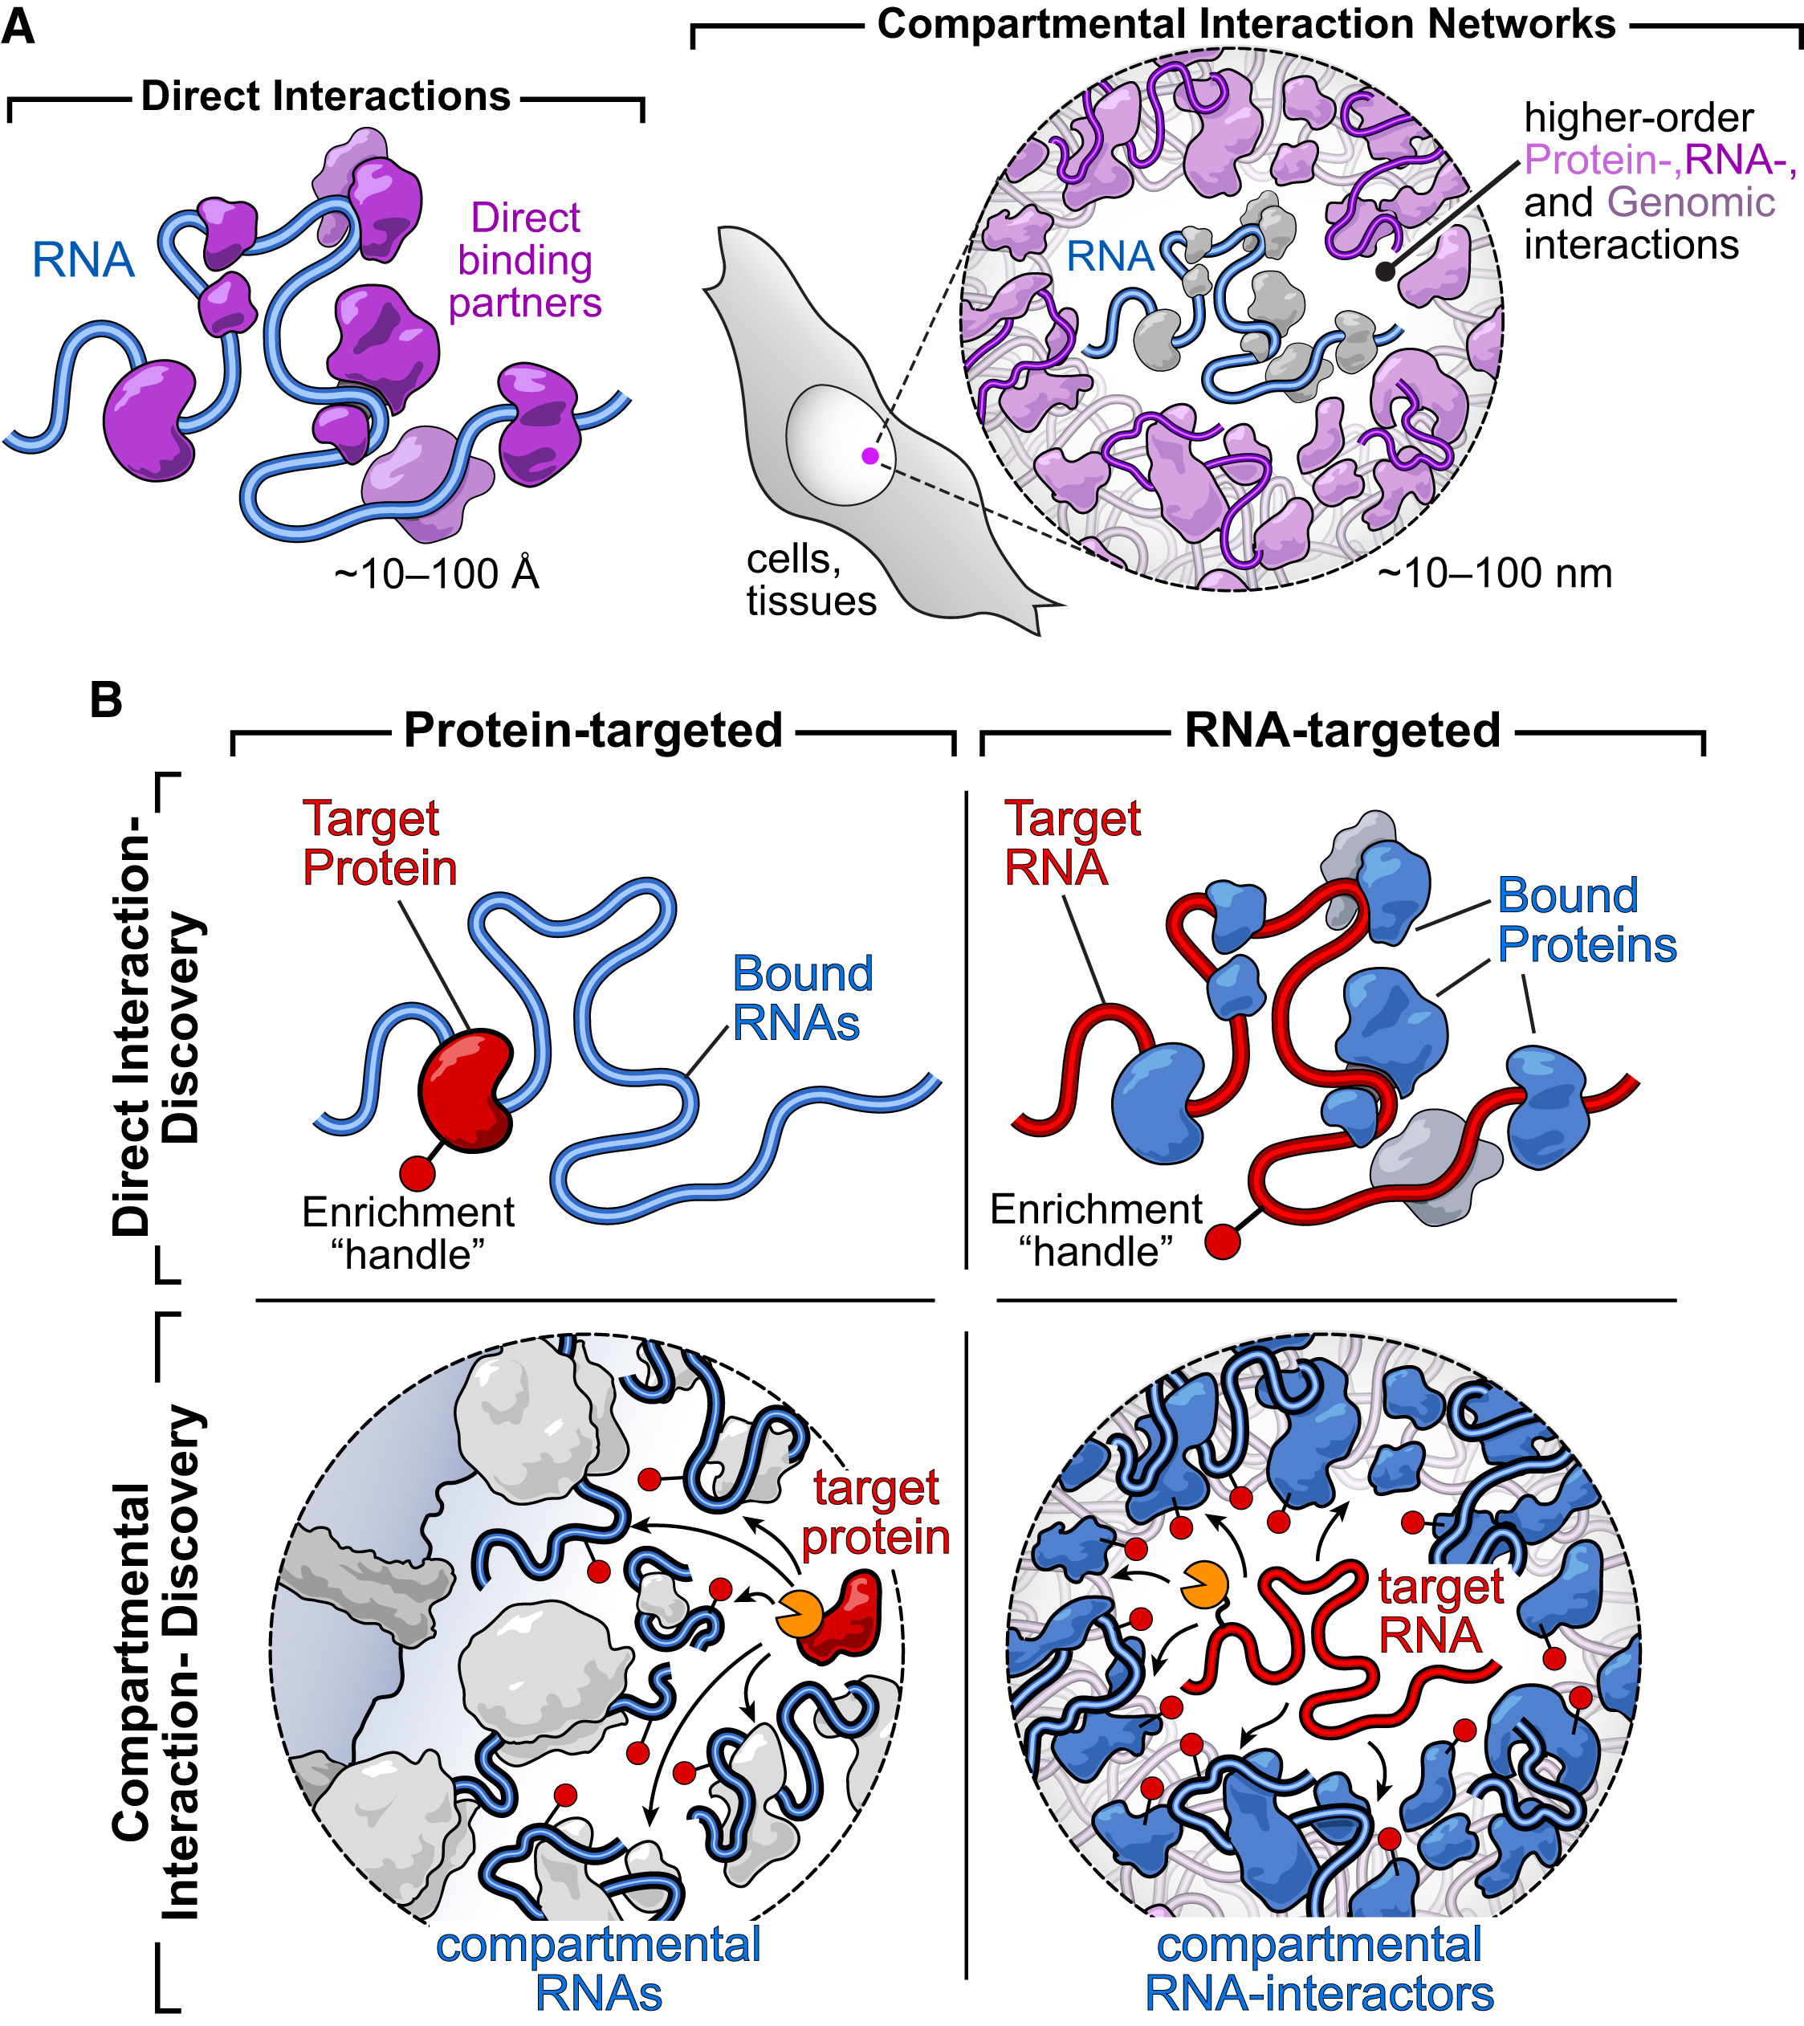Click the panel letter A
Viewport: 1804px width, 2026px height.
(x=18, y=26)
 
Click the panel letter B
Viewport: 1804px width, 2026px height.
(x=105, y=699)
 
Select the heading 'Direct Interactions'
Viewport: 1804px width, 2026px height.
(x=325, y=97)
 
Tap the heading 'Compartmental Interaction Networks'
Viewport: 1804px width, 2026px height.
(x=1246, y=24)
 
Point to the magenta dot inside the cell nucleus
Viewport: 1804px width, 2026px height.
(x=869, y=456)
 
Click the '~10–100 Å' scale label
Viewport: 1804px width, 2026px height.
(x=436, y=574)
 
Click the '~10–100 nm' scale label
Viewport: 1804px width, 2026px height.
(x=1495, y=573)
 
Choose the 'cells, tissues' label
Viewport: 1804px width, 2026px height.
(x=810, y=581)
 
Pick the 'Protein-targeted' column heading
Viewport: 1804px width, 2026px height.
(x=593, y=731)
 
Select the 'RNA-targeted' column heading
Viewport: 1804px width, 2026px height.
(x=1342, y=731)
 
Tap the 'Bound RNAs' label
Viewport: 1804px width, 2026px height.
(x=802, y=998)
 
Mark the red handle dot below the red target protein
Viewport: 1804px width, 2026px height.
(x=417, y=1172)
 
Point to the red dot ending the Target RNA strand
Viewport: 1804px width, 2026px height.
(x=1222, y=1241)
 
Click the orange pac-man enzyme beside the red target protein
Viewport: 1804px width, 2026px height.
(x=798, y=1615)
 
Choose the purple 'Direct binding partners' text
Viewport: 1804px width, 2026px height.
(x=524, y=259)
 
